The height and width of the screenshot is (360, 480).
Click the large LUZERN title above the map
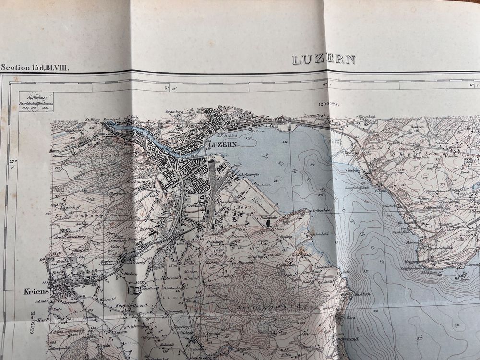(324, 60)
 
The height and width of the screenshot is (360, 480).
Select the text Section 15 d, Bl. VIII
(35, 68)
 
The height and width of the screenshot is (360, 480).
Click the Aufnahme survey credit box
(36, 102)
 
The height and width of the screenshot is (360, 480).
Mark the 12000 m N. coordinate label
(331, 104)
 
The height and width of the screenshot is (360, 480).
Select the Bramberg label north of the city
(175, 111)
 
